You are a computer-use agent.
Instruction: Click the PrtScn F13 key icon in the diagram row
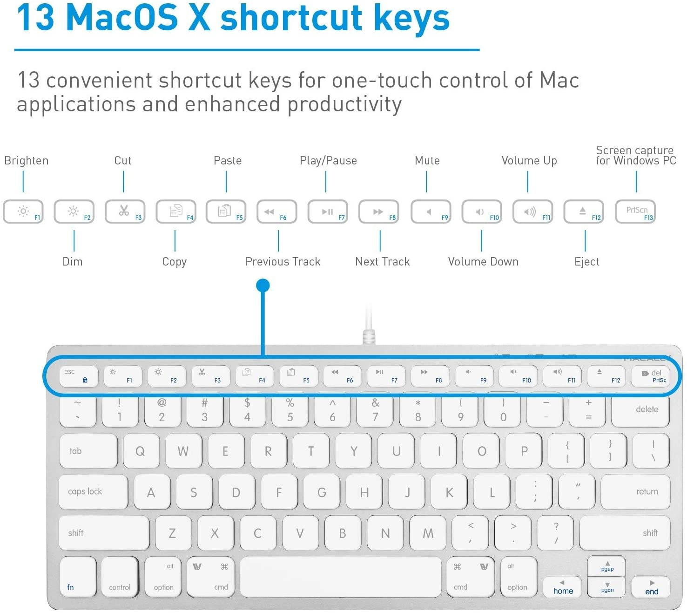pyautogui.click(x=636, y=212)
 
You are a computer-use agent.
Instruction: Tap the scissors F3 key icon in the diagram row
pyautogui.click(x=125, y=212)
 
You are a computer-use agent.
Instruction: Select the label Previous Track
pyautogui.click(x=283, y=262)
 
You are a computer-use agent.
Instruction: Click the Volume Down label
pyautogui.click(x=483, y=262)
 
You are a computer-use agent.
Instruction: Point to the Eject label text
pyautogui.click(x=586, y=262)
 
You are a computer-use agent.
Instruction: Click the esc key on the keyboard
pyautogui.click(x=79, y=376)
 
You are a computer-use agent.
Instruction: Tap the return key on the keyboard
pyautogui.click(x=635, y=492)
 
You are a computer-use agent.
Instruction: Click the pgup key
pyautogui.click(x=606, y=566)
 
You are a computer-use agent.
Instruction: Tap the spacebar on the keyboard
pyautogui.click(x=340, y=576)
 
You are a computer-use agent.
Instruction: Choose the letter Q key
pyautogui.click(x=140, y=451)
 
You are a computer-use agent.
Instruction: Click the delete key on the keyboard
pyautogui.click(x=640, y=410)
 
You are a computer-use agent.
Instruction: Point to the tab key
pyautogui.click(x=88, y=451)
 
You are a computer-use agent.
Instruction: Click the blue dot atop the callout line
pyautogui.click(x=263, y=285)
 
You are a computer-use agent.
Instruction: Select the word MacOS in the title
pyautogui.click(x=122, y=18)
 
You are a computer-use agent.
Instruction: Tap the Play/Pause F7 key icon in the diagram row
pyautogui.click(x=328, y=212)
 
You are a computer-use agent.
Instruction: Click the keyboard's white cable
pyautogui.click(x=369, y=326)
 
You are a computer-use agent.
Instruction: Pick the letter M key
pyautogui.click(x=428, y=533)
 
